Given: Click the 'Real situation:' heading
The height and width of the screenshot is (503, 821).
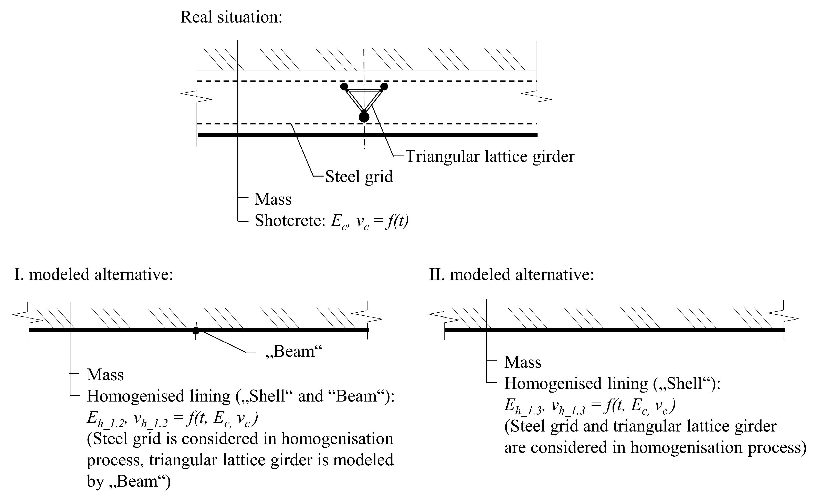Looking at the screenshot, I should click(231, 17).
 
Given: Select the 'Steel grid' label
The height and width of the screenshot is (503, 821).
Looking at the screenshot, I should click(359, 176).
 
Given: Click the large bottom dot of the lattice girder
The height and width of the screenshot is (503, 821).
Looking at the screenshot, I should click(364, 117).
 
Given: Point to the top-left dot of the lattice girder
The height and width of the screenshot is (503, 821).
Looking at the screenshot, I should click(344, 87).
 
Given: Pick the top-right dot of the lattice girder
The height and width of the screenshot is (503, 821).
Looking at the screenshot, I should click(384, 87).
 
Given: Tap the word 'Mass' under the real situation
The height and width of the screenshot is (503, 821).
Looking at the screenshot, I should click(273, 199).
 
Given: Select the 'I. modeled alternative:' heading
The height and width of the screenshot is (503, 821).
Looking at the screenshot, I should click(94, 275).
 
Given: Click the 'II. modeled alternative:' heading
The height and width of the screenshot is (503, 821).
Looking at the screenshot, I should click(511, 275).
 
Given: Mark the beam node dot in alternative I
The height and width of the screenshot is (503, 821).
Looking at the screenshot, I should click(196, 331).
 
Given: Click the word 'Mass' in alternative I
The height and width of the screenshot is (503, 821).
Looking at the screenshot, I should click(105, 375).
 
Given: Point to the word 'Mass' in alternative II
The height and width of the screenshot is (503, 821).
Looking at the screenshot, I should click(522, 362).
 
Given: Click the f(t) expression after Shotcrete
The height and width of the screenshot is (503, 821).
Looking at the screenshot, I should click(396, 221).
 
